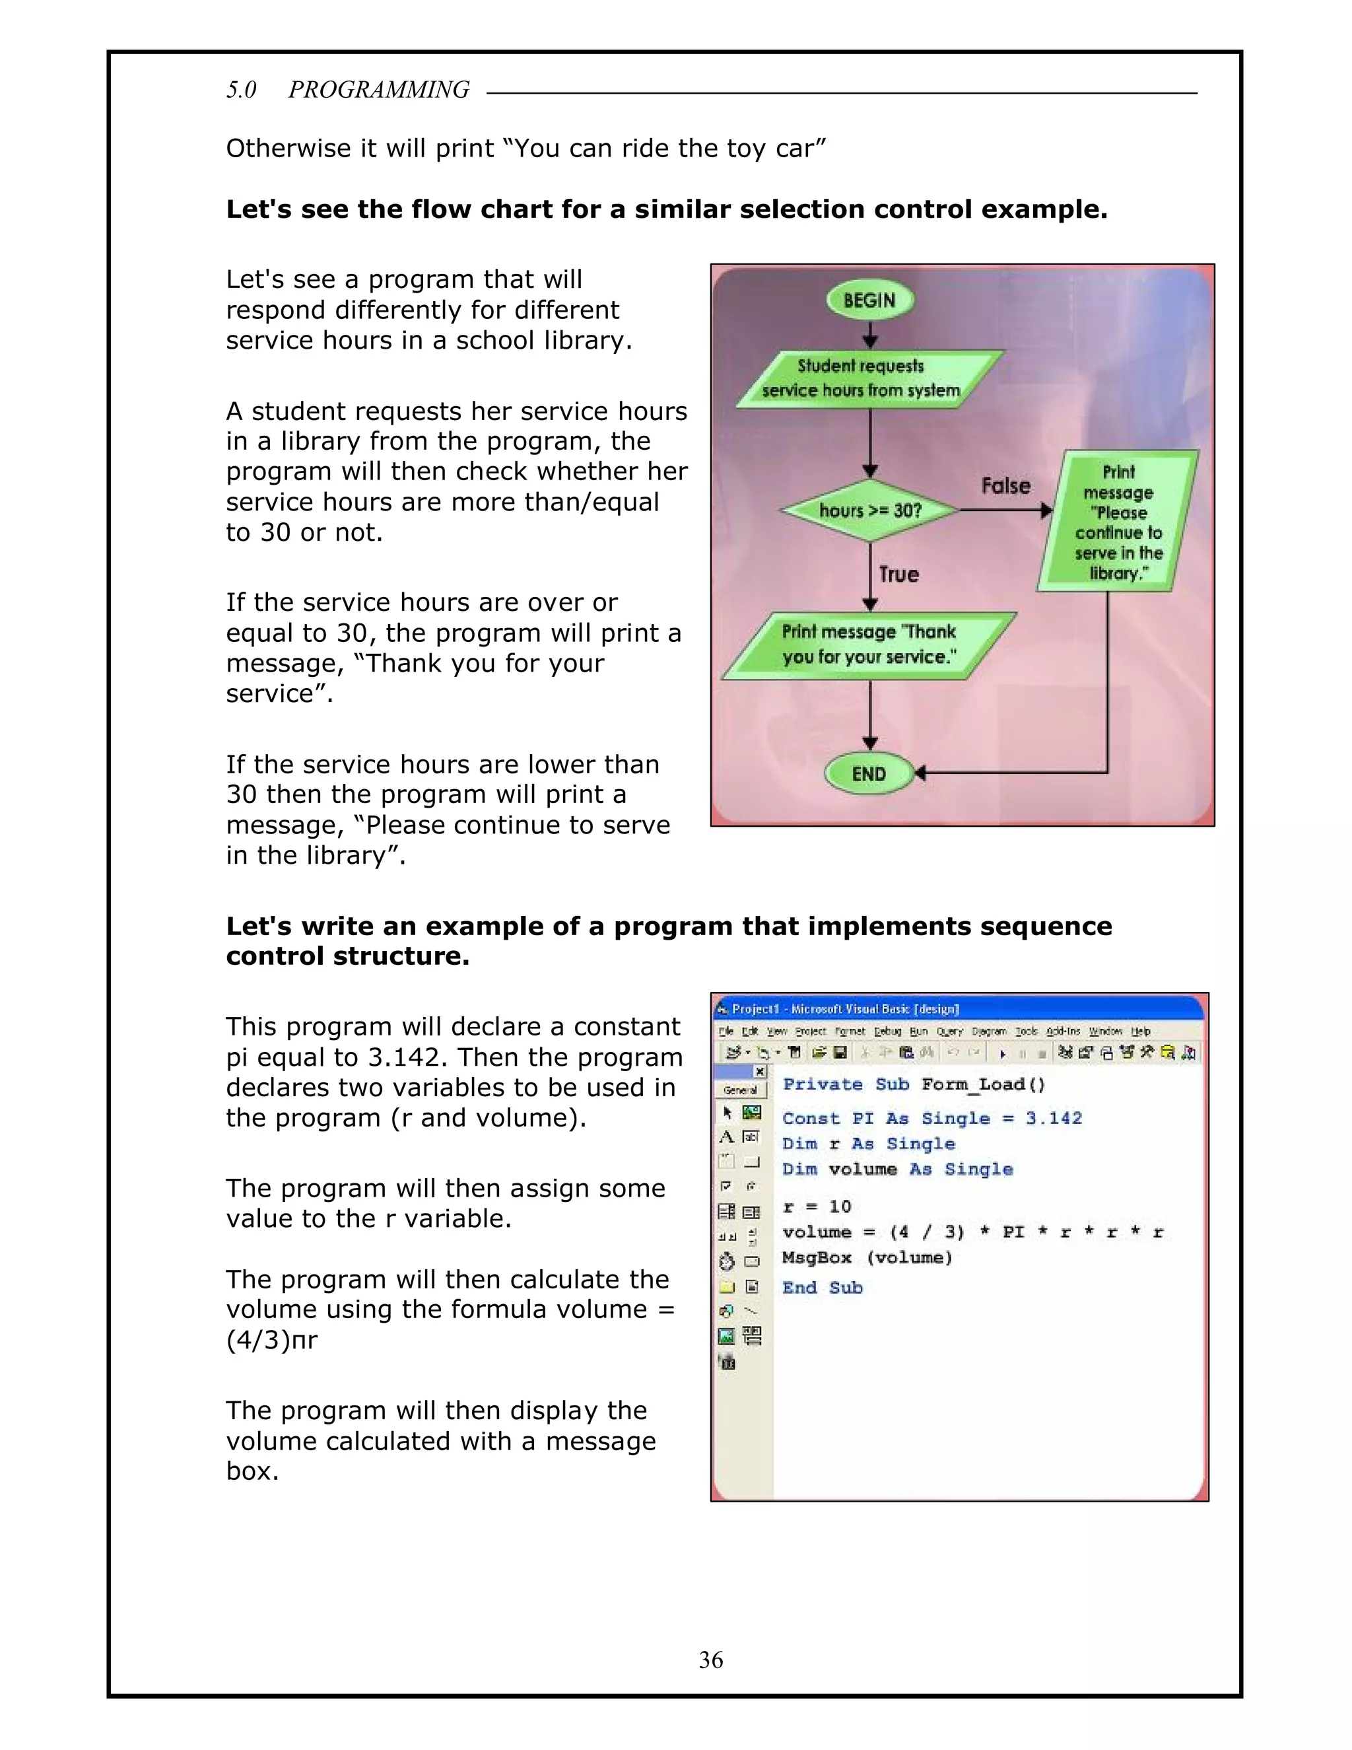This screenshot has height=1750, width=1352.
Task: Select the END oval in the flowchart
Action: (869, 774)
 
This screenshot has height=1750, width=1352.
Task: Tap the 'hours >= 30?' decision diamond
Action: (870, 510)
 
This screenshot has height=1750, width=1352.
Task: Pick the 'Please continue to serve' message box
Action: (1118, 522)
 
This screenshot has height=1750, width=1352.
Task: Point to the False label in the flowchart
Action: (1006, 485)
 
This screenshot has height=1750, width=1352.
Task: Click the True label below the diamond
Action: (898, 575)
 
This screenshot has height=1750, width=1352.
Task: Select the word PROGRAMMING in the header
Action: (379, 90)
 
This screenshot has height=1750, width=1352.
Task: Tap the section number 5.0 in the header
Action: (241, 90)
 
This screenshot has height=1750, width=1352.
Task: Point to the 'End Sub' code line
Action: (822, 1288)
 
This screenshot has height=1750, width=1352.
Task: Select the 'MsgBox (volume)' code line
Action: (867, 1257)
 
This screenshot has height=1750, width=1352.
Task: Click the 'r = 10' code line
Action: (817, 1207)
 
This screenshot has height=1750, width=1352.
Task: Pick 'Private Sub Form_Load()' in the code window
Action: (914, 1085)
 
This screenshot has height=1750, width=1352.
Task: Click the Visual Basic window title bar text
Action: (845, 1009)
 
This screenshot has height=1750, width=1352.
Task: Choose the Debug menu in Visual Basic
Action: (887, 1032)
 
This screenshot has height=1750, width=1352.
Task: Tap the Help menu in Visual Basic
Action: (1141, 1032)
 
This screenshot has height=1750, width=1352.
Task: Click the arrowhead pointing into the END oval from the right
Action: (920, 773)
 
